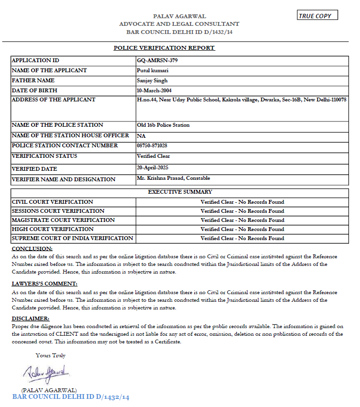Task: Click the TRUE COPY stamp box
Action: (317, 15)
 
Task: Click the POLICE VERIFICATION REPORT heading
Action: (164, 48)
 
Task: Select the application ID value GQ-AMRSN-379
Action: (153, 61)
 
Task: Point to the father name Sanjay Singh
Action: (152, 80)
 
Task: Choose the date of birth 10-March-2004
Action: (154, 90)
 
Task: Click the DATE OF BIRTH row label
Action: (34, 90)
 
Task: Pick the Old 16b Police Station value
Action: (163, 125)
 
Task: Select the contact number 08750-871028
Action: (152, 145)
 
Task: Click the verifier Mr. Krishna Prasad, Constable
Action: (173, 178)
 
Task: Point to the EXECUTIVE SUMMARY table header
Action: (180, 192)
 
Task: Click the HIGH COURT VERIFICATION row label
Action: (46, 229)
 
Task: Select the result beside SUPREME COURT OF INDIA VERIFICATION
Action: (242, 238)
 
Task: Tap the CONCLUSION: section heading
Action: (32, 249)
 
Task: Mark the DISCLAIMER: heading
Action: (31, 319)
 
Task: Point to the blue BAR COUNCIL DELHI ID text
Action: (71, 397)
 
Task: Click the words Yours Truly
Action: (51, 355)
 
